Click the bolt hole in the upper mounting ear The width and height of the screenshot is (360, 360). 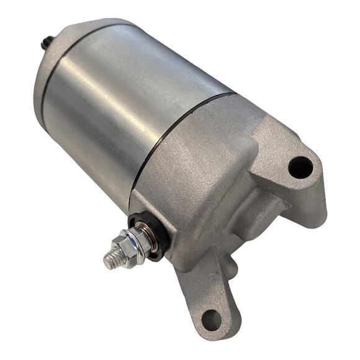300,165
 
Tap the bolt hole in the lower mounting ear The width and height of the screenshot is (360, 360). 212,319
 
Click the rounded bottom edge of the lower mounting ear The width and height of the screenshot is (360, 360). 214,335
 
